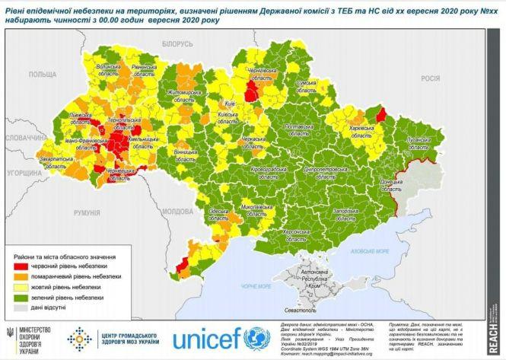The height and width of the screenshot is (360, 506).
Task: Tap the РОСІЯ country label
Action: (x=431, y=78)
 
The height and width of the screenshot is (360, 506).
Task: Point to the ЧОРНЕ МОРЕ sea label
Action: (x=257, y=286)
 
